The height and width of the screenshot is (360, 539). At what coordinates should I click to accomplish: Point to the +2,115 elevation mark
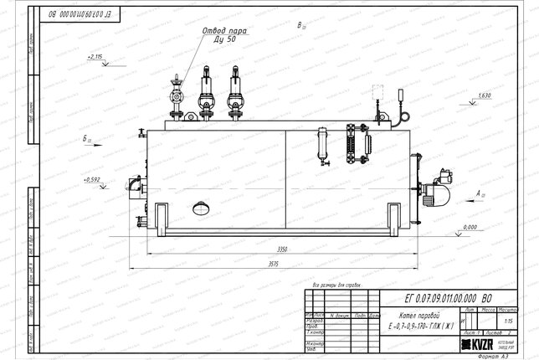(94, 56)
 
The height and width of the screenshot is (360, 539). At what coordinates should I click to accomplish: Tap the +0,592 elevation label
(91, 178)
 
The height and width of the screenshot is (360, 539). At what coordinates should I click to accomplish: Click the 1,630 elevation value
(484, 95)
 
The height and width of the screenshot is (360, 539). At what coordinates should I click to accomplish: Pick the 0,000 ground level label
(469, 227)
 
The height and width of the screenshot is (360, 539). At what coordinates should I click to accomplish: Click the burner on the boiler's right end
(439, 192)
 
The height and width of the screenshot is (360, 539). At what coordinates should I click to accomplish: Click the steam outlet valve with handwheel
(176, 94)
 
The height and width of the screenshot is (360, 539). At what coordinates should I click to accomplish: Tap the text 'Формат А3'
(506, 355)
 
